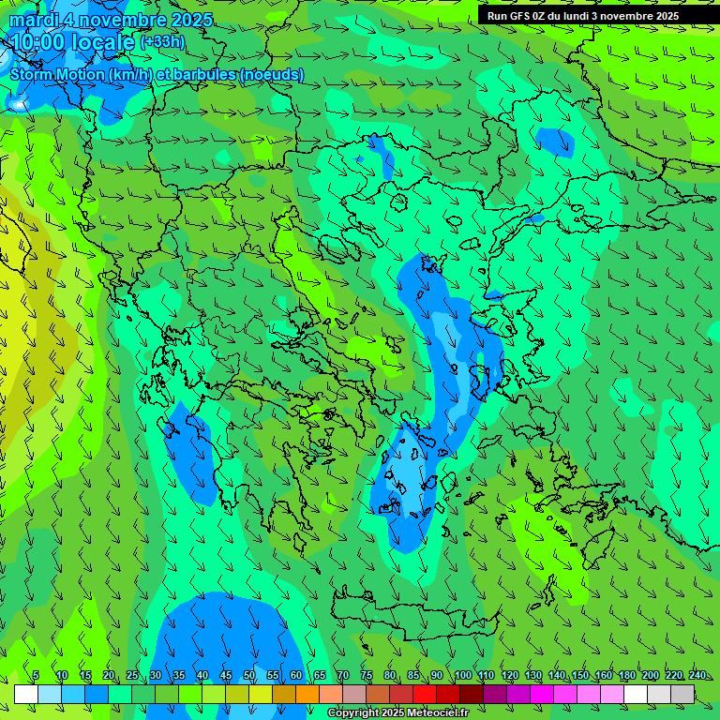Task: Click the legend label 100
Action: click(463, 675)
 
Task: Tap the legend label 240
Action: click(697, 675)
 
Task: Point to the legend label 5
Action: click(36, 675)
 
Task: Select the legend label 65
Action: click(320, 675)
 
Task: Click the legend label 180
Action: click(627, 675)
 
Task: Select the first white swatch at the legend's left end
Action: click(26, 694)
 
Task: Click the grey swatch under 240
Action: click(682, 694)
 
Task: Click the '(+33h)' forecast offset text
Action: click(162, 41)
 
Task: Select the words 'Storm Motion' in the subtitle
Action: click(57, 74)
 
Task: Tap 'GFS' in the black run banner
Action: click(521, 16)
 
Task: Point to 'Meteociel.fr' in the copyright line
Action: click(439, 713)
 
